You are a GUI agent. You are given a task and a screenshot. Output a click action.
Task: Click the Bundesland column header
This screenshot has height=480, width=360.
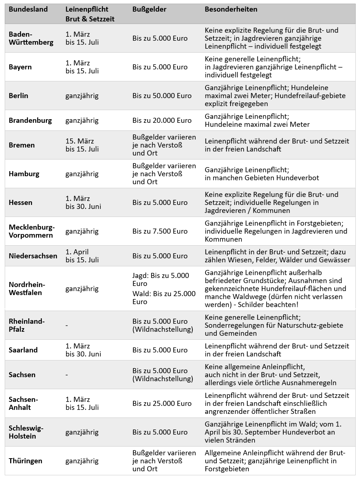tap(28, 9)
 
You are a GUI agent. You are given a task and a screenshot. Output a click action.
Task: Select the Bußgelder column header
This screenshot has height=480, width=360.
tap(149, 9)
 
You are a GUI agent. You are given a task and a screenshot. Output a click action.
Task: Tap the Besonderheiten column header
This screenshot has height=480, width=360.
tap(231, 9)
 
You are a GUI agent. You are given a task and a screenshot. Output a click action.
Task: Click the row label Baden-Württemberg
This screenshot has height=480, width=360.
tap(31, 38)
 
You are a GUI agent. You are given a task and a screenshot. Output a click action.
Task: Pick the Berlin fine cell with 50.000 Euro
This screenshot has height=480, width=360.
tap(162, 96)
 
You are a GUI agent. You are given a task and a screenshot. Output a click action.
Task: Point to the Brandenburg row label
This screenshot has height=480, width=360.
tap(30, 120)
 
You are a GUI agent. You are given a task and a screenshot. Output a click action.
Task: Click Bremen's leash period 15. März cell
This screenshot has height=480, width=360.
tap(82, 145)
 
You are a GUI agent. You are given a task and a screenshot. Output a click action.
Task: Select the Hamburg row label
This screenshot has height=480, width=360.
tap(24, 174)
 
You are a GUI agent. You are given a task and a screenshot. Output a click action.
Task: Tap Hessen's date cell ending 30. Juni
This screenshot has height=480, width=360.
tap(83, 202)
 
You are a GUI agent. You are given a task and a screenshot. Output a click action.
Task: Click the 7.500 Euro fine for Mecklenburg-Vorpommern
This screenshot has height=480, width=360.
tap(160, 231)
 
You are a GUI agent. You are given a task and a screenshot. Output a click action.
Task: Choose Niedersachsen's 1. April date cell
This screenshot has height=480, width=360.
tap(82, 256)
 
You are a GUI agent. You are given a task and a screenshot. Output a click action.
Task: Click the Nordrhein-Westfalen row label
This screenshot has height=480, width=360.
tap(27, 289)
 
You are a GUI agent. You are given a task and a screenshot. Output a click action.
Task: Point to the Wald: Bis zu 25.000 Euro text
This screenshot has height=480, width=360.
tap(164, 298)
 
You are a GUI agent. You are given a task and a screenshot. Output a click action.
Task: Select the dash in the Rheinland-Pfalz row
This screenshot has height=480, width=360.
tap(67, 325)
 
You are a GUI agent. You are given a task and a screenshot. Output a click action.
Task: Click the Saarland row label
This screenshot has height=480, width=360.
tap(23, 350)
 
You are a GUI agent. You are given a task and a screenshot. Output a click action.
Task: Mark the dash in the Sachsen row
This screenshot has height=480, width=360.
tap(67, 375)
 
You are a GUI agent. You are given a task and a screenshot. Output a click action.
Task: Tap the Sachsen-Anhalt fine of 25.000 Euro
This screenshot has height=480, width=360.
tap(162, 403)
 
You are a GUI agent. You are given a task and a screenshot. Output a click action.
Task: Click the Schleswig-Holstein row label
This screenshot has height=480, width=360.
tap(26, 432)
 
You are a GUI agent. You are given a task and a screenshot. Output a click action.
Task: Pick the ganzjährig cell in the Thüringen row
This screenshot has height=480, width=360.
tap(82, 461)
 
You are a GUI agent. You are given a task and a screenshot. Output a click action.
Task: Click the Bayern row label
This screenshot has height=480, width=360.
tap(20, 67)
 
